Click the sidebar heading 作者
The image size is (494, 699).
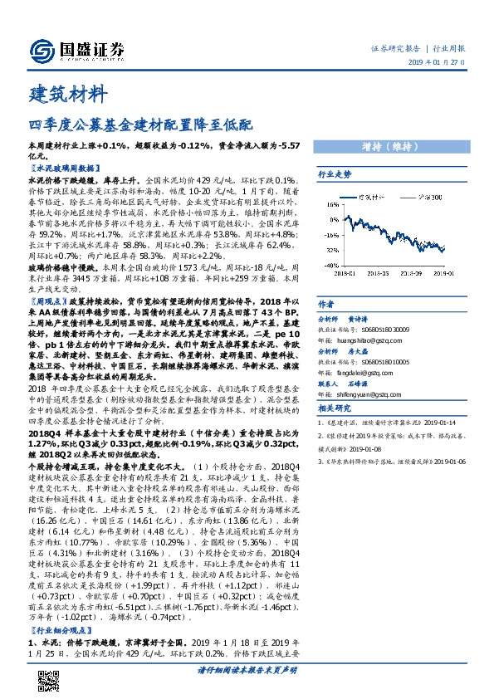(x=326, y=304)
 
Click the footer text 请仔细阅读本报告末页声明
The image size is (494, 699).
(x=247, y=669)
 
